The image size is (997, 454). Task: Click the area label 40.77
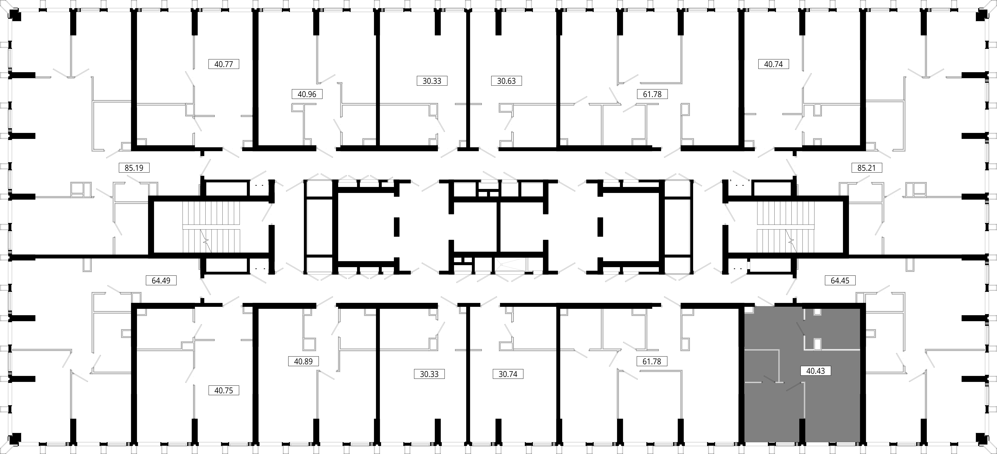point(224,64)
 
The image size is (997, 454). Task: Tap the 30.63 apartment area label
point(506,81)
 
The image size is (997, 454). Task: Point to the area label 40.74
point(773,64)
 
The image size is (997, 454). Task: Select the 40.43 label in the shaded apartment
point(815,371)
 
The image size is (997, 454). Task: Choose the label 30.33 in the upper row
point(432,81)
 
